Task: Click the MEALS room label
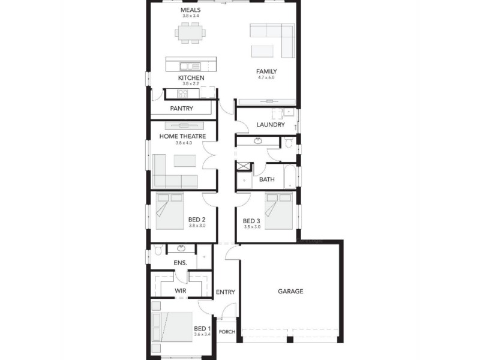[190, 10]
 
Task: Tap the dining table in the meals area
[190, 33]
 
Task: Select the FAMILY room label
[266, 71]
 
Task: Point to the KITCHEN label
[191, 78]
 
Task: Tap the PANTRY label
[181, 109]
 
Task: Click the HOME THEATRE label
[182, 136]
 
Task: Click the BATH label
[267, 179]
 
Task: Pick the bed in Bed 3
[279, 212]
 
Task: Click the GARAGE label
[290, 292]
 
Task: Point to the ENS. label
[181, 263]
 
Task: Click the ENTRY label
[226, 292]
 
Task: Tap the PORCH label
[227, 332]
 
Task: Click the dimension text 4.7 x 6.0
[266, 78]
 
